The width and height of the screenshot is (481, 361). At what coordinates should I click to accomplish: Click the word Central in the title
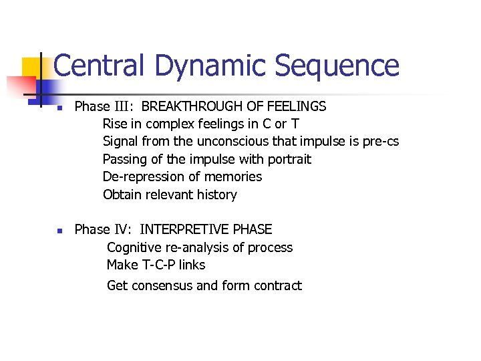(x=99, y=66)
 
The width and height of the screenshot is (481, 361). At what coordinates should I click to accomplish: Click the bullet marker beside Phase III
(x=59, y=107)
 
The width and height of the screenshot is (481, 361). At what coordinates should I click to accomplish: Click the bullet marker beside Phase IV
(x=59, y=231)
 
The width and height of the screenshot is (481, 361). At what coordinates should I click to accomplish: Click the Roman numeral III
(x=124, y=106)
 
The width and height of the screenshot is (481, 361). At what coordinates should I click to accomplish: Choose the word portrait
(x=289, y=160)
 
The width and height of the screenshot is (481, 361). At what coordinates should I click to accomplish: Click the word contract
(x=276, y=286)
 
